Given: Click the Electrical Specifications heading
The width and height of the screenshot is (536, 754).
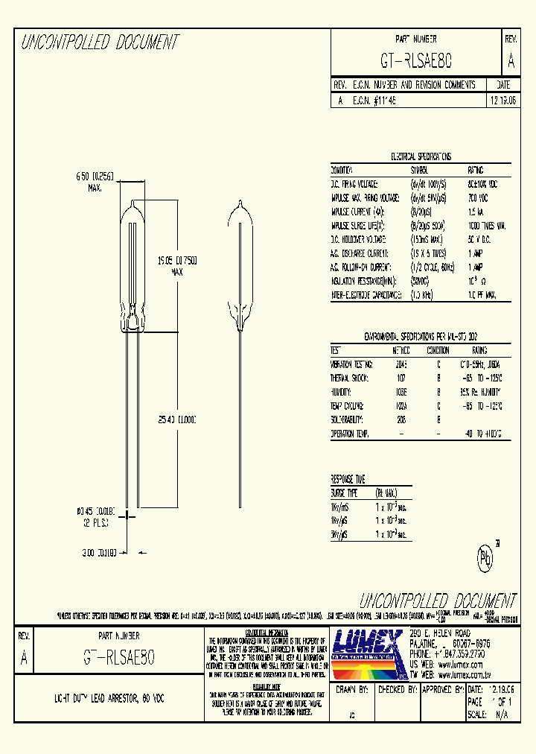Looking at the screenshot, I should click(421, 157).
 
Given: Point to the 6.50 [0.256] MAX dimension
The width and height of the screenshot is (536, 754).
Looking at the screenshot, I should click(95, 180).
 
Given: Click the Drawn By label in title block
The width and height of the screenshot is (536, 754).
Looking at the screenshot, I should click(352, 690).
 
